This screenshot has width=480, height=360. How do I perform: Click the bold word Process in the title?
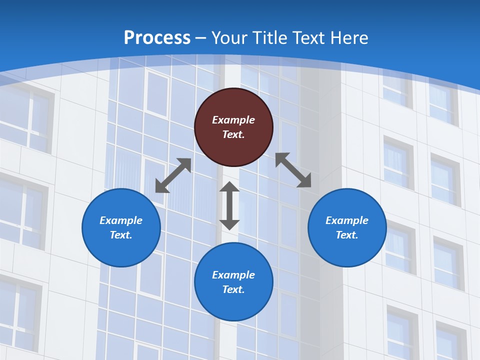click(x=157, y=38)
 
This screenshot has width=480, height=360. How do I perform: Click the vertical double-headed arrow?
click(x=229, y=205)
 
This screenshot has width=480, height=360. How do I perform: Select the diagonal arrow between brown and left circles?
click(x=173, y=175)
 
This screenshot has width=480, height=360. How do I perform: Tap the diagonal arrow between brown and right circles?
click(x=293, y=170)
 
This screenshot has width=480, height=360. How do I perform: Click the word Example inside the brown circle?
click(x=233, y=120)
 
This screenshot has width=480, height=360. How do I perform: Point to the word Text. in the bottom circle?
click(x=233, y=289)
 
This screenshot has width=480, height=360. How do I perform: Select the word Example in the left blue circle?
click(x=121, y=220)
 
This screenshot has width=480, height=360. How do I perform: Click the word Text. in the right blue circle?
click(x=347, y=235)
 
